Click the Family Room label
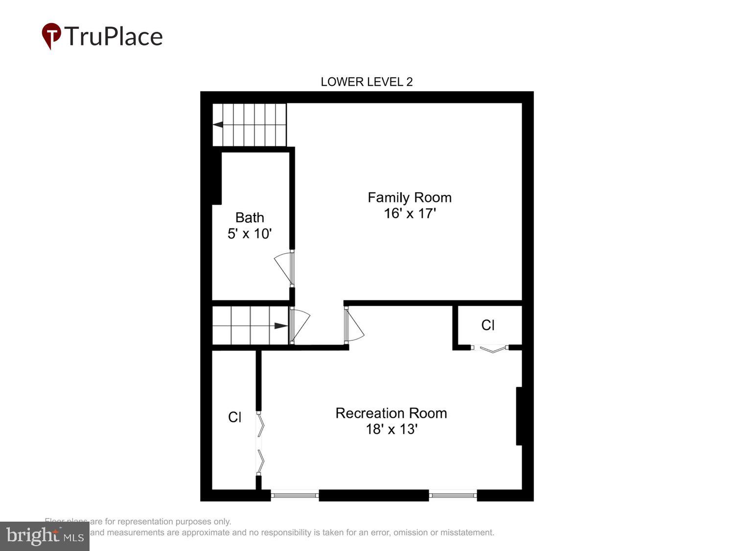pos(410,197)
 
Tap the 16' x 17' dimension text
pos(410,214)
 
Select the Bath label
pos(250,217)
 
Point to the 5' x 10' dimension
pos(250,234)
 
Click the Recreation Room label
pos(391,413)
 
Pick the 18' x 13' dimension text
pos(391,430)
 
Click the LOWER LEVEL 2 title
pos(367,82)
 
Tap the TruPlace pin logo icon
pos(51,35)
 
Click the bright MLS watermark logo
pos(45,536)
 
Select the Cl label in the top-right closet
pos(488,325)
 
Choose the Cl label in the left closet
pos(234,417)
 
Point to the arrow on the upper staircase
pos(218,124)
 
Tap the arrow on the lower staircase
pos(281,326)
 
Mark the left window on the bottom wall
pos(295,495)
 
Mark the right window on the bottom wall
pos(453,495)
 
